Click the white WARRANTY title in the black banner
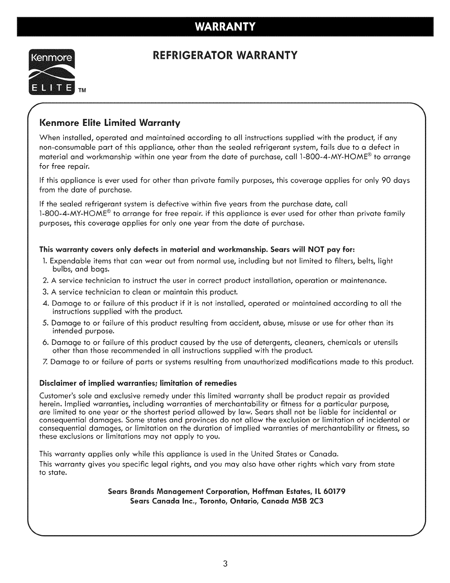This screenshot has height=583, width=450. [225, 26]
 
